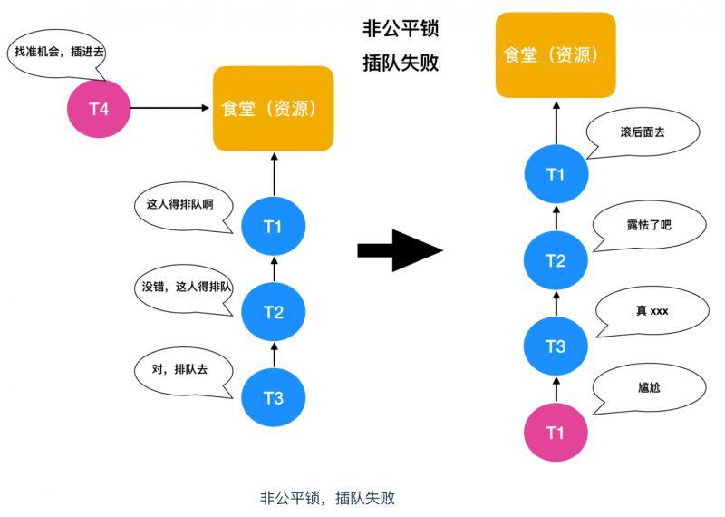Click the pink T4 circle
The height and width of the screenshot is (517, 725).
[99, 109]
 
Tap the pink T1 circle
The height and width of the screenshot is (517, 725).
[556, 433]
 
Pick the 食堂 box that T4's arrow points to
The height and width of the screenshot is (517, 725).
[273, 109]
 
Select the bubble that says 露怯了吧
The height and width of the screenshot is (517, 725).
[646, 224]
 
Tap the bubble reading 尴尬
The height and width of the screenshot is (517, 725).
[648, 388]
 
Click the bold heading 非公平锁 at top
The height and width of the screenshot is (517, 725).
[401, 30]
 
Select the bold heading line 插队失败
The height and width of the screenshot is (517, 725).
[401, 65]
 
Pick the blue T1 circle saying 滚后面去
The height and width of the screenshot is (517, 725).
[556, 175]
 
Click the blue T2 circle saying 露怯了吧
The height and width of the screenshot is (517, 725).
[556, 261]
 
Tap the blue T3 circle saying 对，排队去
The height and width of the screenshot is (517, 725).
[274, 397]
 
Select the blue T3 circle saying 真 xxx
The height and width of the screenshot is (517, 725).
[556, 346]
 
